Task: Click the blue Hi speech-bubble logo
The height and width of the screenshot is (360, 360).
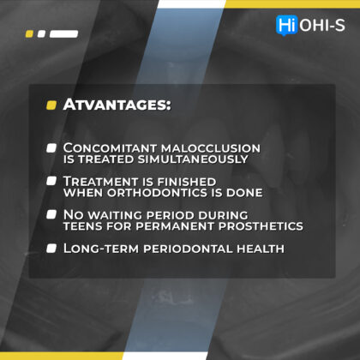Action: (287, 25)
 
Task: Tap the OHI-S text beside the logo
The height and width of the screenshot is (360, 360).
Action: (322, 25)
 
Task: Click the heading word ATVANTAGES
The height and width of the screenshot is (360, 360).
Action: (117, 105)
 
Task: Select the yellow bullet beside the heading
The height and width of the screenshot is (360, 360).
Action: (51, 105)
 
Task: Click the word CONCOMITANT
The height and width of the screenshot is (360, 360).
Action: (110, 148)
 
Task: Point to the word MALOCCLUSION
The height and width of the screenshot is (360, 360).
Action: (211, 148)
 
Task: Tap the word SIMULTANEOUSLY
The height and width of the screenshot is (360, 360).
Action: (193, 159)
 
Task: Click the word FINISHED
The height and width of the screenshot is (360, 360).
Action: (187, 182)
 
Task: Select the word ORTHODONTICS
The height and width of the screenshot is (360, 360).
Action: (157, 193)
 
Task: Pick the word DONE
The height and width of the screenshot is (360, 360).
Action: (244, 193)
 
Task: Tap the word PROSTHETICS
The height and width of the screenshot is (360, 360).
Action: (261, 226)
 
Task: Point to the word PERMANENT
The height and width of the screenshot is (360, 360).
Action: (175, 226)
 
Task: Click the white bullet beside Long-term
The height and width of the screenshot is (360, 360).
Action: (51, 249)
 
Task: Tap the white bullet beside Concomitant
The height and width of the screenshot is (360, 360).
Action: (51, 148)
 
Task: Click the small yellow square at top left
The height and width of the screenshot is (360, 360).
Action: (29, 34)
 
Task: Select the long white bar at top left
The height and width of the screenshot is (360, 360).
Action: (63, 34)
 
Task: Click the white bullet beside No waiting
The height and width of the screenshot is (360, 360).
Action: (51, 214)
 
